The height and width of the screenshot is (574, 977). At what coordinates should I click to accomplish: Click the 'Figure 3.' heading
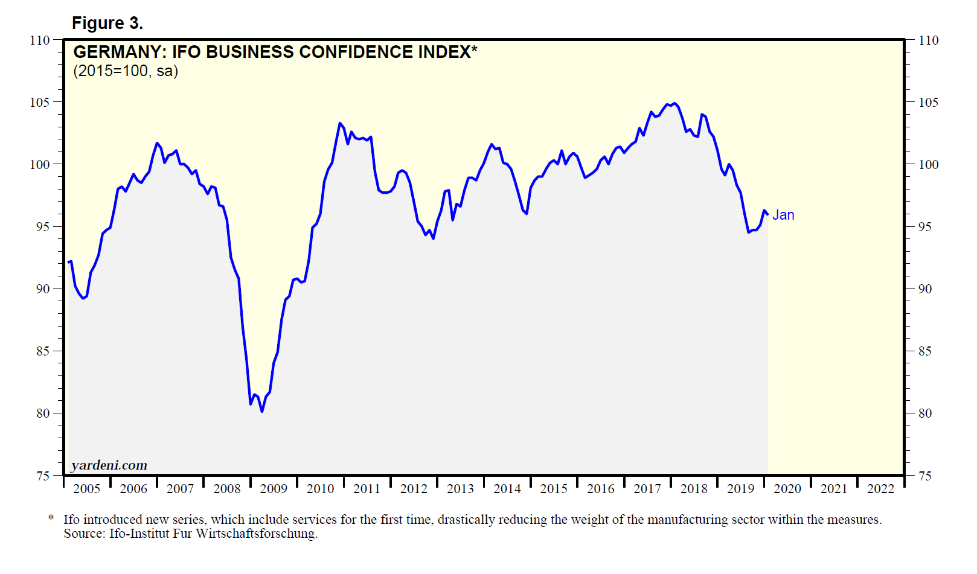pos(107,23)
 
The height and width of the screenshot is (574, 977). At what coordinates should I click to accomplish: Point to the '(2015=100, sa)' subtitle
pos(126,71)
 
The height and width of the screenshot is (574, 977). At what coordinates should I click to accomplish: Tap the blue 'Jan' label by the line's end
pos(783,215)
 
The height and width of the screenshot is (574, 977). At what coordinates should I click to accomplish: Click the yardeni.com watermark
pos(109,465)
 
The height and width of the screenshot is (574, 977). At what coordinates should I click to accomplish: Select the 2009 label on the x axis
pos(274,489)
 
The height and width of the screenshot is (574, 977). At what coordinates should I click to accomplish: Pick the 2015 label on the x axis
pos(554,489)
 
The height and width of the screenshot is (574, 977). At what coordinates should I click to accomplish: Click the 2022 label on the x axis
pos(880,489)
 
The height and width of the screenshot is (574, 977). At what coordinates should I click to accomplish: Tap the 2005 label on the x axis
pos(86,489)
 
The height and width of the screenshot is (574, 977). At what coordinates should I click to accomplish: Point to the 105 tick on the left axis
pos(40,102)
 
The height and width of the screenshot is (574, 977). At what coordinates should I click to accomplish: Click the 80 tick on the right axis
pos(924,413)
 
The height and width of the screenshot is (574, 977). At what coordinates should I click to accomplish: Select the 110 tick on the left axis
pos(40,40)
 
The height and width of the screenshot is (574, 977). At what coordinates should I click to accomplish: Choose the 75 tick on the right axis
pos(924,476)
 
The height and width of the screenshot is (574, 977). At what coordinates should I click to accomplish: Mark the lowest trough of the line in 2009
pos(262,411)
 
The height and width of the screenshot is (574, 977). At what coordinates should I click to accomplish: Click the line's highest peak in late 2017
pos(674,103)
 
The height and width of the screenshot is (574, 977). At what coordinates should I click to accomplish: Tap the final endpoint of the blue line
pos(767,214)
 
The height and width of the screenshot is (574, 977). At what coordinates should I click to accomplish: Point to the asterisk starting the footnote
pos(51,518)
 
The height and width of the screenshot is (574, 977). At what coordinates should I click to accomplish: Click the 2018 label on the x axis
pos(694,489)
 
